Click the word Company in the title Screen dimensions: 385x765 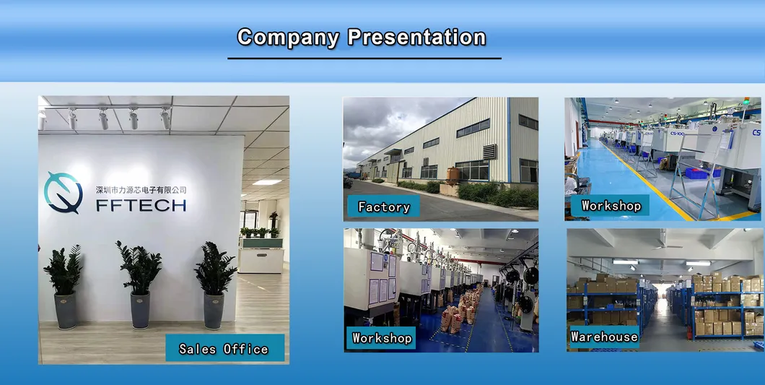[288, 37]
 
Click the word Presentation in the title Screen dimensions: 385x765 [416, 37]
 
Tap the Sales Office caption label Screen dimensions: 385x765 [224, 349]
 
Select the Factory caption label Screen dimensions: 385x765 [384, 207]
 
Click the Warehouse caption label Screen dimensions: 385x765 [604, 337]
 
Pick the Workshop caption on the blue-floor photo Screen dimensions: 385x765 [611, 206]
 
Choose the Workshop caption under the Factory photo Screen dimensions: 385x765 [382, 338]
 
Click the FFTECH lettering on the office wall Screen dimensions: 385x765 [141, 205]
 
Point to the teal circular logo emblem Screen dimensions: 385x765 [63, 193]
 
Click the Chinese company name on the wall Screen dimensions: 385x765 [141, 189]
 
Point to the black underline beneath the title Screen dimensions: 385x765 [364, 59]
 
